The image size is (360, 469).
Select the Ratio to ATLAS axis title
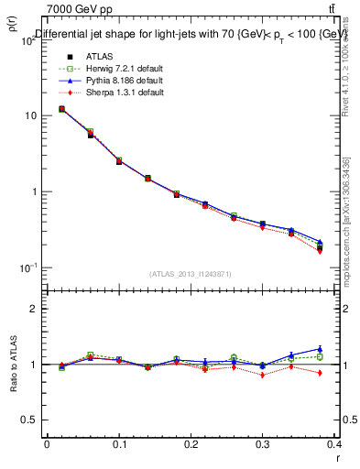click(x=14, y=365)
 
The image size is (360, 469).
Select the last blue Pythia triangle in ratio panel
click(x=320, y=349)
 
